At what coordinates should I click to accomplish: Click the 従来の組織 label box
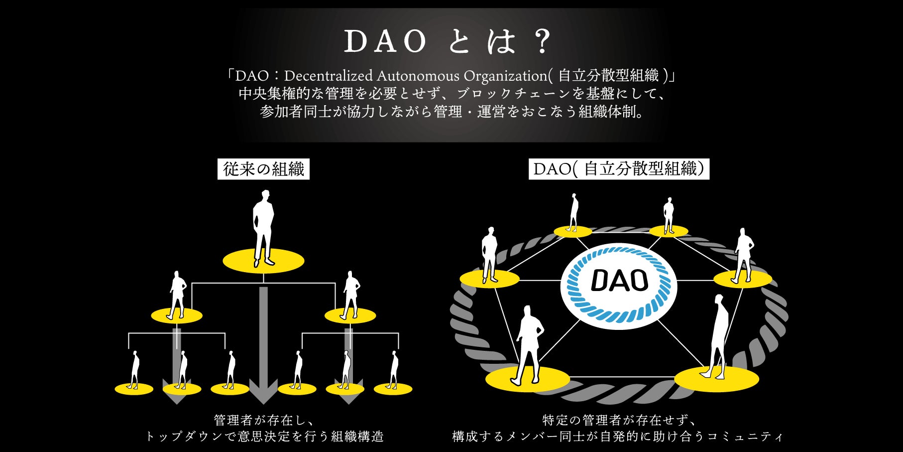point(263,169)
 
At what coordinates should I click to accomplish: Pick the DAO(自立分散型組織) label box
point(619,169)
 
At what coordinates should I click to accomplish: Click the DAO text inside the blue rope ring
point(619,281)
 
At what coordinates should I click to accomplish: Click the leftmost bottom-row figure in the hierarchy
point(134,370)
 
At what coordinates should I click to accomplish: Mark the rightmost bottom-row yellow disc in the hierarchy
point(393,389)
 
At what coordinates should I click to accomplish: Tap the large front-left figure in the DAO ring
point(528,344)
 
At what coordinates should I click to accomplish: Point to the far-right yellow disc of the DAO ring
point(743,279)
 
